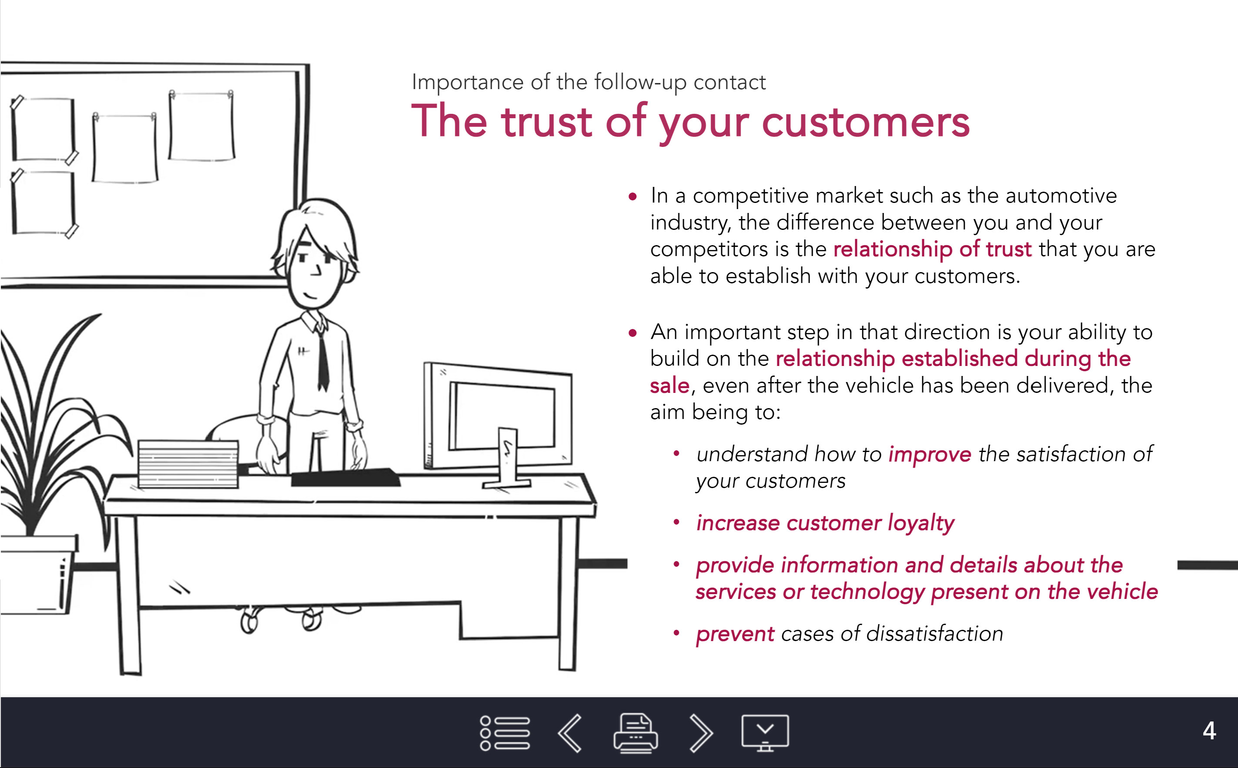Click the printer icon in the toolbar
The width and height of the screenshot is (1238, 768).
635,732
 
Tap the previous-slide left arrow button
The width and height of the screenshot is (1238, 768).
570,732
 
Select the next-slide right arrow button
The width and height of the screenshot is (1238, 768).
701,732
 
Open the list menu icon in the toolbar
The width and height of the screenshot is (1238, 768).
505,732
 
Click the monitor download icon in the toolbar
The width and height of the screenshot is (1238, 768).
765,732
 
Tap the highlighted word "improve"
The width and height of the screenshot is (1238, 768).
930,455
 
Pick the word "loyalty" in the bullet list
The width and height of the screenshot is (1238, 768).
921,523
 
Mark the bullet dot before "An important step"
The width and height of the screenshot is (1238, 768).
633,333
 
